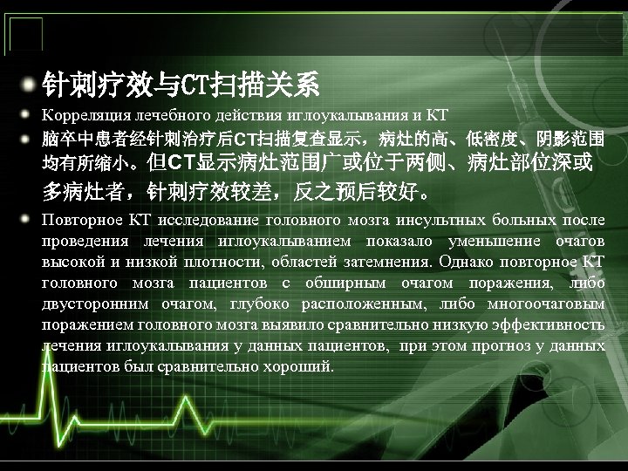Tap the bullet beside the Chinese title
pos(30,85)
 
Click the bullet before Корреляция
pos(30,114)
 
